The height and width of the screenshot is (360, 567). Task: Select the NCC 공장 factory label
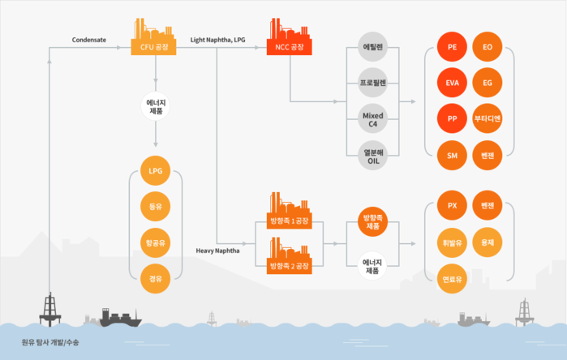point(289,48)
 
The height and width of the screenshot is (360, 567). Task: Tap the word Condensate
point(88,39)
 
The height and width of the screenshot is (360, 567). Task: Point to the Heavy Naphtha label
point(217,251)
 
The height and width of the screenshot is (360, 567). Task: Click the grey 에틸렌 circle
point(373,48)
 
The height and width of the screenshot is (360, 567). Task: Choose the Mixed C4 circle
point(373,119)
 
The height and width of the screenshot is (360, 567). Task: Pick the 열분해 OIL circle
point(373,155)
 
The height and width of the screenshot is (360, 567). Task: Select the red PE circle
point(452,48)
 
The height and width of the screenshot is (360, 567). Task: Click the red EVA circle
point(452,84)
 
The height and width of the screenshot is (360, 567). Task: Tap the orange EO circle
point(488,48)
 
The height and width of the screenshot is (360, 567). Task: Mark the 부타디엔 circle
point(488,119)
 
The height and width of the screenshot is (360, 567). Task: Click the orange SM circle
point(452,155)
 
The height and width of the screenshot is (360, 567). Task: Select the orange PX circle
point(452,205)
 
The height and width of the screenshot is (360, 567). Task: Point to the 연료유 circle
point(452,280)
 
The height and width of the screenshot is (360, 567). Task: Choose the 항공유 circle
point(155,242)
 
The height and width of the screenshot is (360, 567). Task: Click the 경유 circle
point(155,279)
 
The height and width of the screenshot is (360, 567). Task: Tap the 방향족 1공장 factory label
point(289,221)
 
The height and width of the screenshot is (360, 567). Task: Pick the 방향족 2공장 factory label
point(289,265)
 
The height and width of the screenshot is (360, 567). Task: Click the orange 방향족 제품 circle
point(373,222)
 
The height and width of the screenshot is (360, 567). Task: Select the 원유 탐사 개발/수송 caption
point(50,342)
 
